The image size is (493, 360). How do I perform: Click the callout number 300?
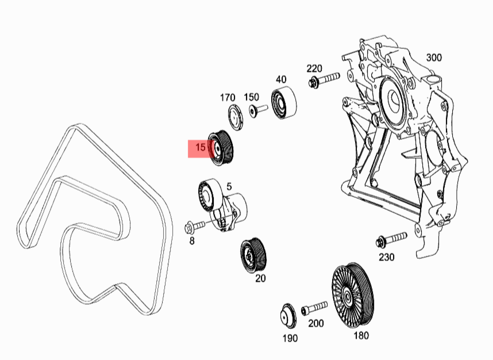(x=434, y=58)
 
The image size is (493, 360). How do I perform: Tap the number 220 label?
(x=314, y=69)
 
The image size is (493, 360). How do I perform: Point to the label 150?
(x=252, y=97)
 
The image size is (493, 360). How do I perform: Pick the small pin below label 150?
(x=257, y=110)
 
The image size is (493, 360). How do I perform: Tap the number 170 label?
(x=228, y=97)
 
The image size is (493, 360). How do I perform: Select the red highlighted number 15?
(x=201, y=148)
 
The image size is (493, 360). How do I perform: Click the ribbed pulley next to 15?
(x=223, y=148)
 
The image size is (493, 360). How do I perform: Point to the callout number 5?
(x=229, y=186)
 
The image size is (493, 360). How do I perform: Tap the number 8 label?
(x=192, y=241)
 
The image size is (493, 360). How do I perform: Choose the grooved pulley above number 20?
(x=253, y=253)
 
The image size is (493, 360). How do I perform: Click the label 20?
(x=260, y=278)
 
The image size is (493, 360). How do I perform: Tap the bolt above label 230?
(x=391, y=239)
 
